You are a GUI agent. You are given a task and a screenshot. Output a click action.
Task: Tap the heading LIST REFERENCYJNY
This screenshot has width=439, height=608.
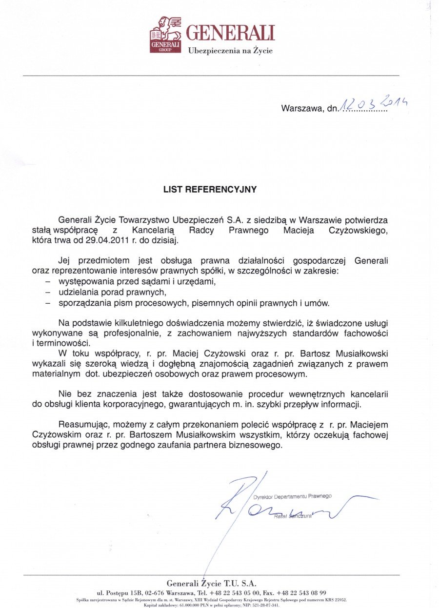click(x=210, y=190)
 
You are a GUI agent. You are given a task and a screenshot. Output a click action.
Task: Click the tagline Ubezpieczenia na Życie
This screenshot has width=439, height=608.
click(x=230, y=51)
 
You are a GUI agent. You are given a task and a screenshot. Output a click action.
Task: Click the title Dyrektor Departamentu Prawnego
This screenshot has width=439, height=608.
click(x=293, y=496)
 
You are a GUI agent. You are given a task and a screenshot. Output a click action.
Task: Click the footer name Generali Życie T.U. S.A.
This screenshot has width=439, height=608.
click(x=211, y=583)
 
